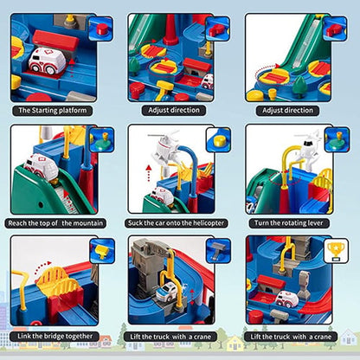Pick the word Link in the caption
25,335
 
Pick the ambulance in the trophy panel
286,299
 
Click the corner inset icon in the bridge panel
101,251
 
